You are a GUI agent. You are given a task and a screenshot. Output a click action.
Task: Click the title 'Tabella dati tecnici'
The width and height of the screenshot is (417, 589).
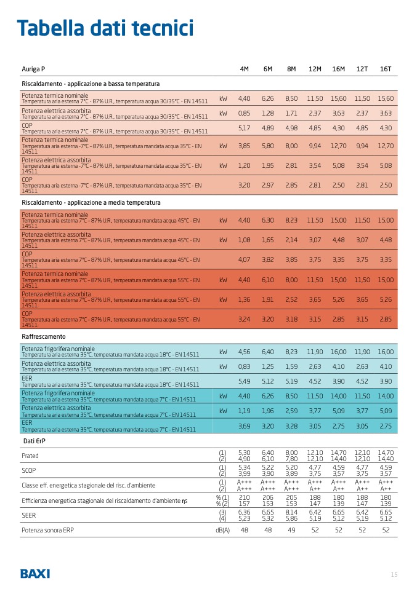[105, 28]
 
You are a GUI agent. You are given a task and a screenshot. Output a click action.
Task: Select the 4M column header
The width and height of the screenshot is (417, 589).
[244, 69]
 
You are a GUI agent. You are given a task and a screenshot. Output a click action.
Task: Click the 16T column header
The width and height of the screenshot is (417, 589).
[386, 69]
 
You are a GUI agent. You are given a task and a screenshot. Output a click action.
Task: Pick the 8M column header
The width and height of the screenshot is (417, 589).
[291, 69]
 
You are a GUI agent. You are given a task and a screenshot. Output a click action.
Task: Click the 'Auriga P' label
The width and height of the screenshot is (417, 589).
[33, 69]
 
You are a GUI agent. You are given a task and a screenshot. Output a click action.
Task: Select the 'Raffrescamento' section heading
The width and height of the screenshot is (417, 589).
[43, 337]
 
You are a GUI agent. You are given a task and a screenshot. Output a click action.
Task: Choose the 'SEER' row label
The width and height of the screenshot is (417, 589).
[29, 515]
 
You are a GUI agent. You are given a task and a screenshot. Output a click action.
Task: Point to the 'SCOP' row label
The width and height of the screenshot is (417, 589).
[30, 470]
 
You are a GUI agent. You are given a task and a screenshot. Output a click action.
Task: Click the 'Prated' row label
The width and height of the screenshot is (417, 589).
[30, 456]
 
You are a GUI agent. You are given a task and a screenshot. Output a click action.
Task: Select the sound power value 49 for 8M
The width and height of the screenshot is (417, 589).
[291, 529]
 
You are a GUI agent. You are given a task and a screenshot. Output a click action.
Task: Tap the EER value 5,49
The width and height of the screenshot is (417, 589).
[244, 381]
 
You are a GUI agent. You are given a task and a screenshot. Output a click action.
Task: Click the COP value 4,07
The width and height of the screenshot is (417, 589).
[244, 259]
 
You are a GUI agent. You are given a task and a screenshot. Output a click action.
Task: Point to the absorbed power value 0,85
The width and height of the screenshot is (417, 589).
[244, 113]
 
